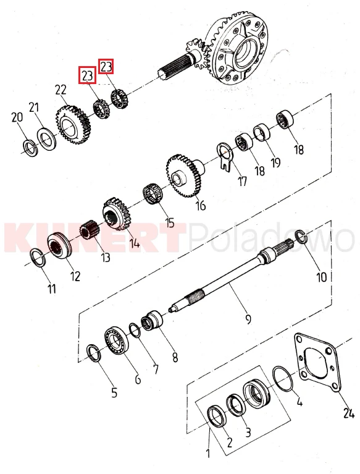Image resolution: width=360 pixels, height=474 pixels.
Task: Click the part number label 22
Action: (61, 90)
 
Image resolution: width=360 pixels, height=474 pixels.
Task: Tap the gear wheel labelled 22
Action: (73, 124)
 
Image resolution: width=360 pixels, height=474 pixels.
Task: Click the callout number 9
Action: (248, 319)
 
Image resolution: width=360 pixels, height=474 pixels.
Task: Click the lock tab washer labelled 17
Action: (224, 156)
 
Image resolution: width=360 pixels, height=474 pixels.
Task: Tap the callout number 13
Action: (106, 257)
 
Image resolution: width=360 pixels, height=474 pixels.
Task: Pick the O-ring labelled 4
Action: (283, 379)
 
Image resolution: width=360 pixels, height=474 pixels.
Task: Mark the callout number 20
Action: (17, 117)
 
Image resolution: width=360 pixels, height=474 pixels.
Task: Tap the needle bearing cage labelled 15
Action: (153, 193)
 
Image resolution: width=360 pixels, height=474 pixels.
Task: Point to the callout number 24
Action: (348, 413)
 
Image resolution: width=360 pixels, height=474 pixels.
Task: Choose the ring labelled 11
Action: (39, 257)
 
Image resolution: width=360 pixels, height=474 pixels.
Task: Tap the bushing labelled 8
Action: (153, 321)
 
